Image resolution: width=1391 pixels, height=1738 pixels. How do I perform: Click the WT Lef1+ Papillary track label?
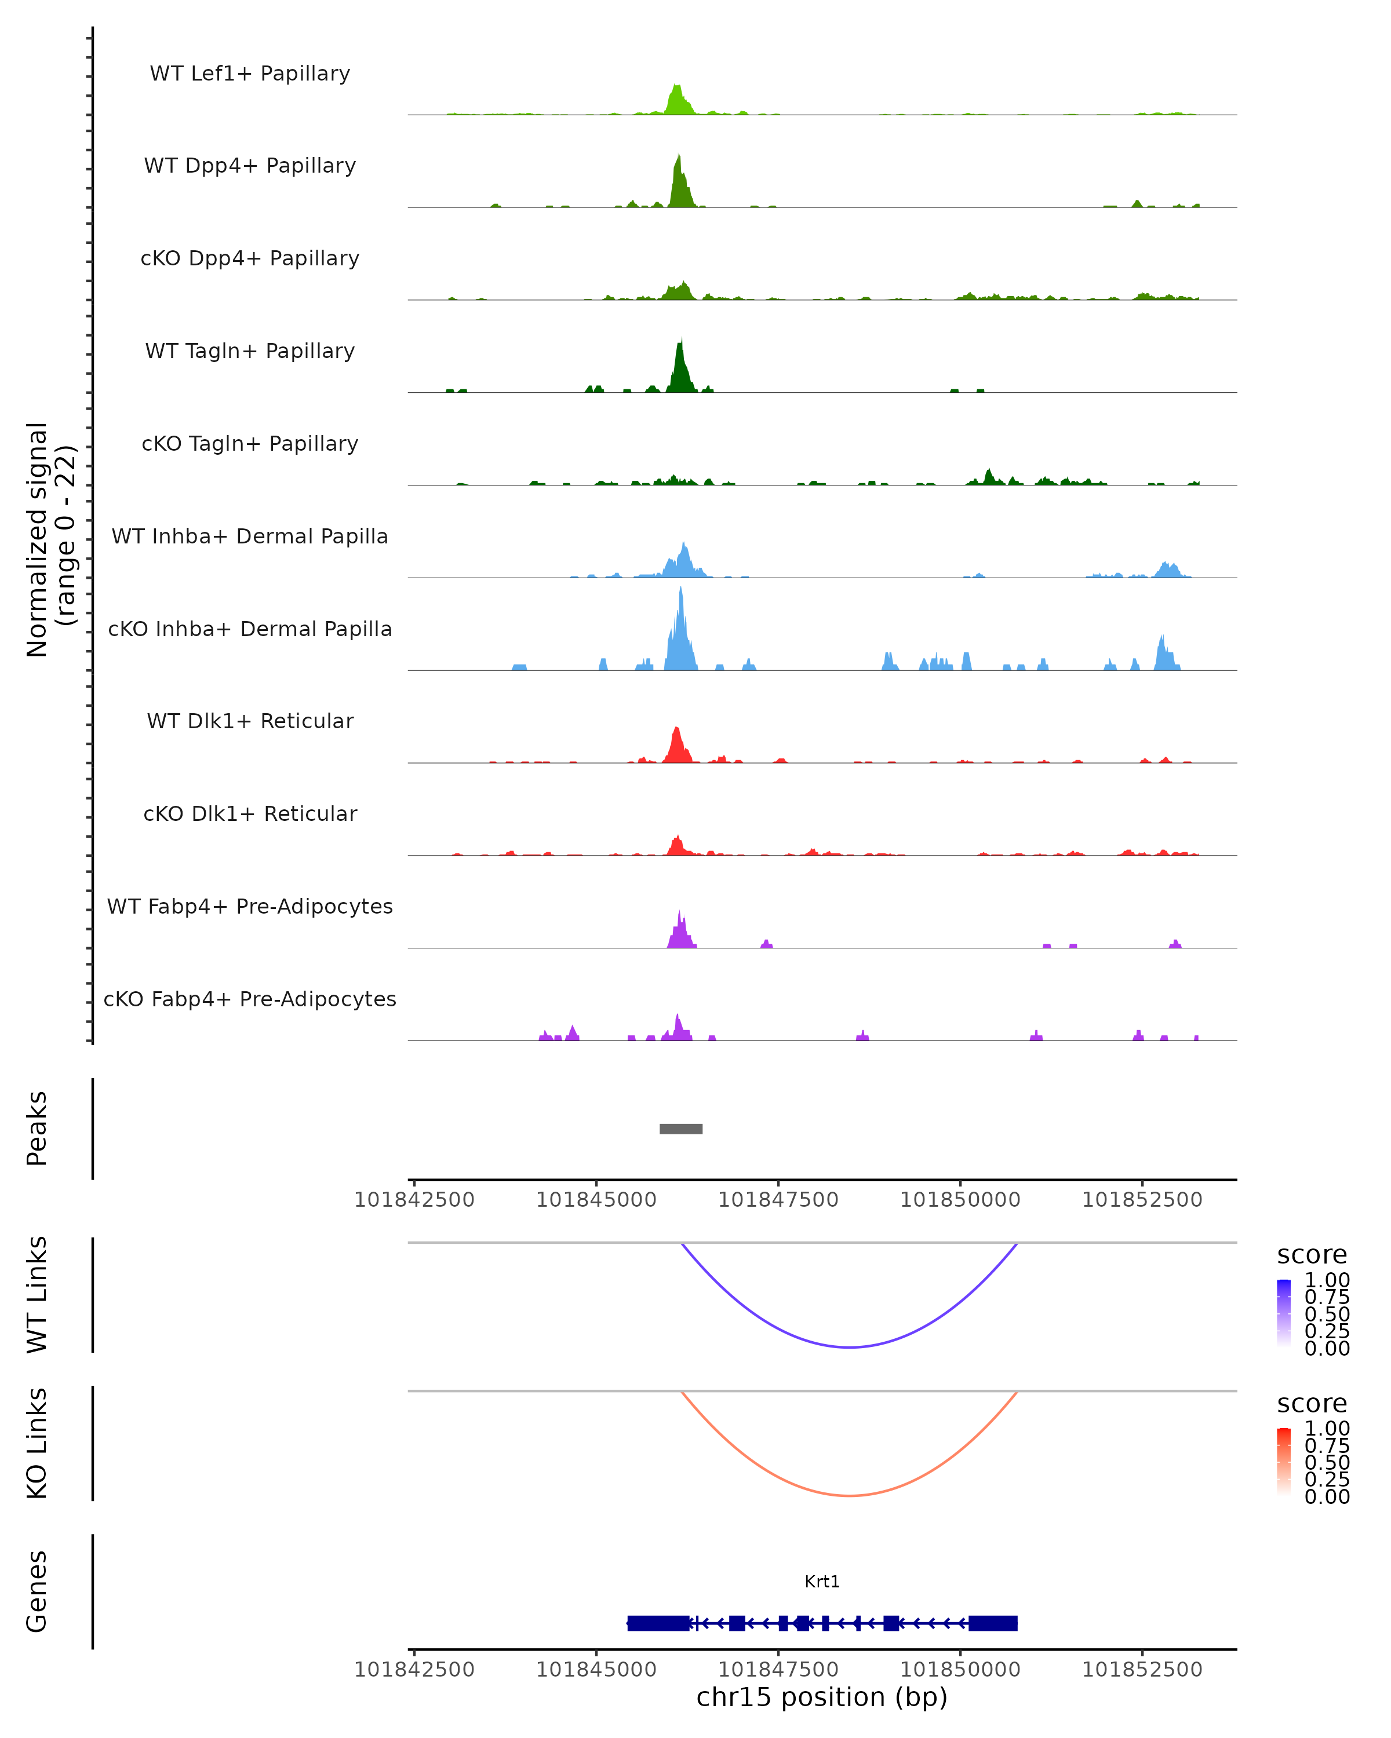(250, 74)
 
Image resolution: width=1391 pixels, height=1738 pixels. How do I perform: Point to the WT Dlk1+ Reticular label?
(250, 721)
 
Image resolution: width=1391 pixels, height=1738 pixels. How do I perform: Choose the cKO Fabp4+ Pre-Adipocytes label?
(250, 999)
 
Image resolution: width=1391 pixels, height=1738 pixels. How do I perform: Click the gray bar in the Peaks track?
(680, 1129)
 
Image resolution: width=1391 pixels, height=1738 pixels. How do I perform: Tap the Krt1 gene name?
(822, 1582)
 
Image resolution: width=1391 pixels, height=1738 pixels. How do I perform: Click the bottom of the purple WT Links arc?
(850, 1347)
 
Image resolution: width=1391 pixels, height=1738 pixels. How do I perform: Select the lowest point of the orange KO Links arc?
(850, 1495)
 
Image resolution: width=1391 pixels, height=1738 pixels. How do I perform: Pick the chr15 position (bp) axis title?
(822, 1697)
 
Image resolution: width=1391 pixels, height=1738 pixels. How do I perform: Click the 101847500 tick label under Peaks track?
(778, 1200)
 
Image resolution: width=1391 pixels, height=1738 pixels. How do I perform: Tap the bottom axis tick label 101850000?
(960, 1670)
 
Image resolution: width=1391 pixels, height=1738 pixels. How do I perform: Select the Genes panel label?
(37, 1591)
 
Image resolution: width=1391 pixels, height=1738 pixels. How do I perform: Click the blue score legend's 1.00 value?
(1327, 1280)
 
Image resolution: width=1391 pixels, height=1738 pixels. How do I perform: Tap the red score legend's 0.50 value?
(1327, 1462)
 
